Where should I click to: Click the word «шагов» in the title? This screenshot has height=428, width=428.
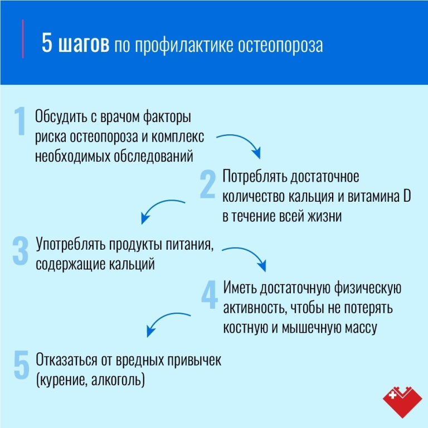point(84,43)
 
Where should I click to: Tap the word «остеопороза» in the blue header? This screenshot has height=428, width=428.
point(280,45)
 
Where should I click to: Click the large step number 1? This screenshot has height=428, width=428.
point(20,121)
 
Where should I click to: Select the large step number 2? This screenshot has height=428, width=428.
point(208,184)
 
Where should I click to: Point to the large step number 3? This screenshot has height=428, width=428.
point(21,251)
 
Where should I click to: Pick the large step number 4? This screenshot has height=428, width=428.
point(210,294)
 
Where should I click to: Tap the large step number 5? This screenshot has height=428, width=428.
point(21,364)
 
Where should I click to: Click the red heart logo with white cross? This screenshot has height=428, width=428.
point(402,402)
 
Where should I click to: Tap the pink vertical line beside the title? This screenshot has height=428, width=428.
point(23,39)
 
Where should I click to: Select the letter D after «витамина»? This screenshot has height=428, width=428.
point(407,196)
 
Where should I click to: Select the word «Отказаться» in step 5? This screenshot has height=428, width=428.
point(66,360)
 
